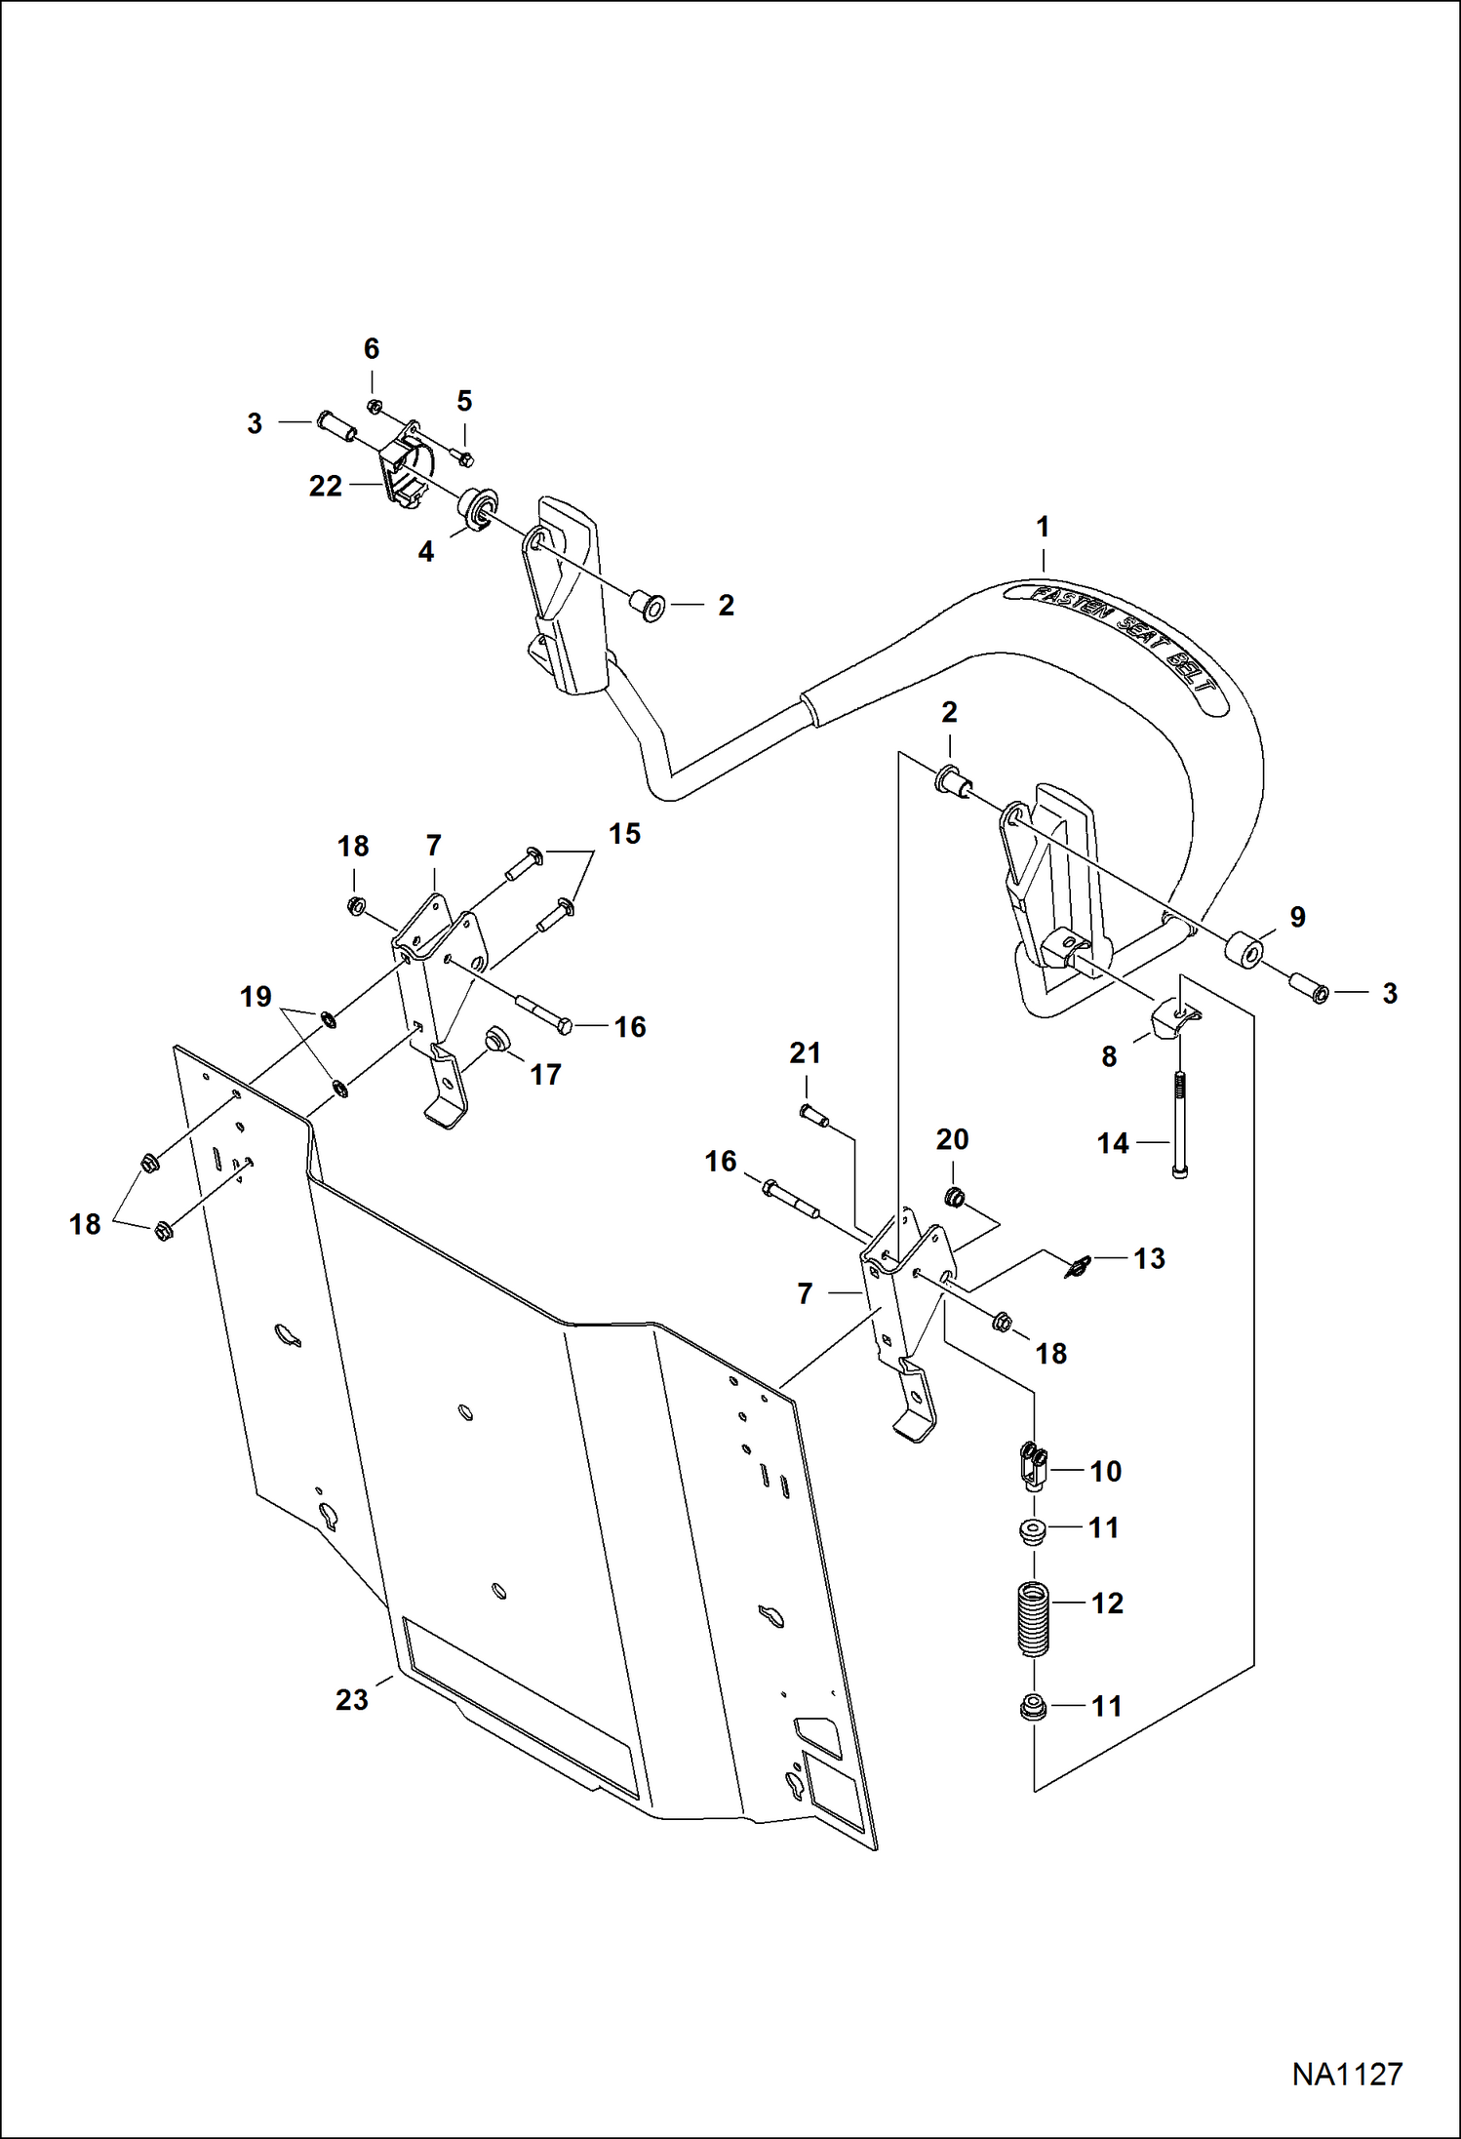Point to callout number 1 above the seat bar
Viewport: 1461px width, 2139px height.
(1043, 528)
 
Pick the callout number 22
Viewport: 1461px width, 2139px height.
(325, 486)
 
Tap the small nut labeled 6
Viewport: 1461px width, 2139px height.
(373, 406)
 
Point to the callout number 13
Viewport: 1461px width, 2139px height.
(1149, 1258)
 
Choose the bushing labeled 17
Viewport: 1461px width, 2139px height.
(498, 1038)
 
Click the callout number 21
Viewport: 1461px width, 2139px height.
(805, 1053)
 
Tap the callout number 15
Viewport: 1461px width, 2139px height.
(624, 834)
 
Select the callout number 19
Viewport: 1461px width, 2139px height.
(256, 997)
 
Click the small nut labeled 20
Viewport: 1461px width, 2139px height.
(954, 1196)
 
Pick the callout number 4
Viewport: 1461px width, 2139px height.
(425, 552)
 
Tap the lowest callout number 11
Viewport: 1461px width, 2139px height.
(1105, 1706)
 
